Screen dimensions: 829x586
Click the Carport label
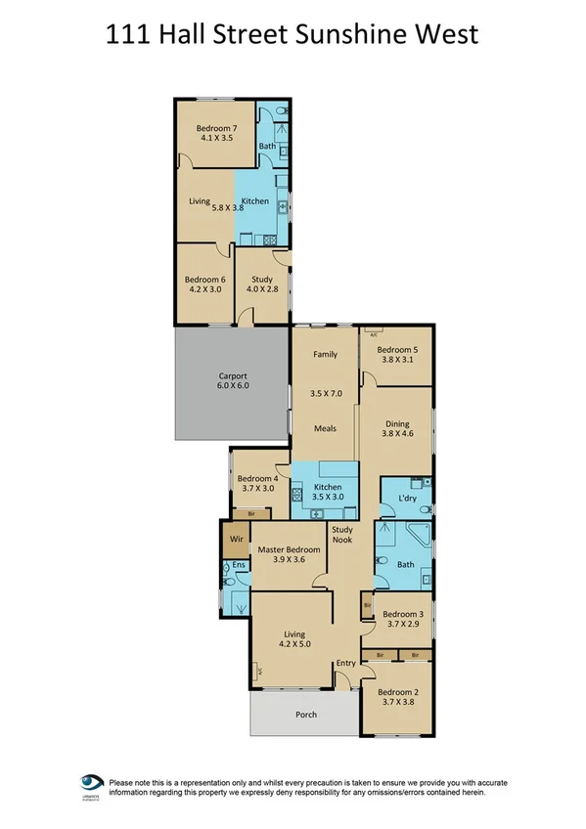click(232, 376)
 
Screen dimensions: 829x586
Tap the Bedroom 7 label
click(215, 128)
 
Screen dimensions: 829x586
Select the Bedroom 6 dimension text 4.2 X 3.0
click(204, 290)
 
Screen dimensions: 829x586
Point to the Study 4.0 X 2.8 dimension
click(261, 290)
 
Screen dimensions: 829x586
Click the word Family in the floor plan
click(325, 355)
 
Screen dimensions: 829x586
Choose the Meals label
click(325, 428)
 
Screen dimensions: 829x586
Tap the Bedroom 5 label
click(397, 349)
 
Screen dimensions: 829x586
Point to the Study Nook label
click(342, 534)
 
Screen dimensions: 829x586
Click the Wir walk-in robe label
click(235, 537)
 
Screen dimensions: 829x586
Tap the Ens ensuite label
click(239, 565)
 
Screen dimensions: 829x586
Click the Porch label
click(306, 715)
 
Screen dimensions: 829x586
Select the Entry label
click(346, 664)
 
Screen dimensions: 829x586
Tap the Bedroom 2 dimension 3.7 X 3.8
click(397, 705)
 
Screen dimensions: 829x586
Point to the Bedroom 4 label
click(260, 478)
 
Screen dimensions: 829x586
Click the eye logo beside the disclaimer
click(92, 784)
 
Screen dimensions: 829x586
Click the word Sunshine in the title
click(365, 35)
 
